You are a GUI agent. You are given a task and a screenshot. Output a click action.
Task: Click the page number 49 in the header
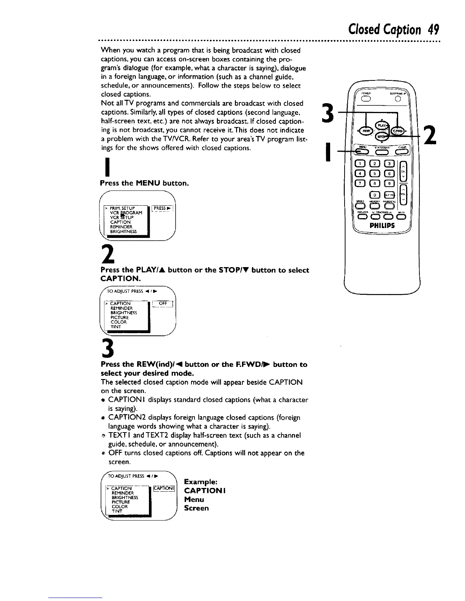click(x=432, y=29)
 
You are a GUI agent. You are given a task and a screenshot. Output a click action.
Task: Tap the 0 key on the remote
click(x=373, y=194)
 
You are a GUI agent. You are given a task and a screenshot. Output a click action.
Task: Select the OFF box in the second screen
click(x=163, y=303)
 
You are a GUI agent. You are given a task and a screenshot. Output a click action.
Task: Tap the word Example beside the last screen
click(x=200, y=482)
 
